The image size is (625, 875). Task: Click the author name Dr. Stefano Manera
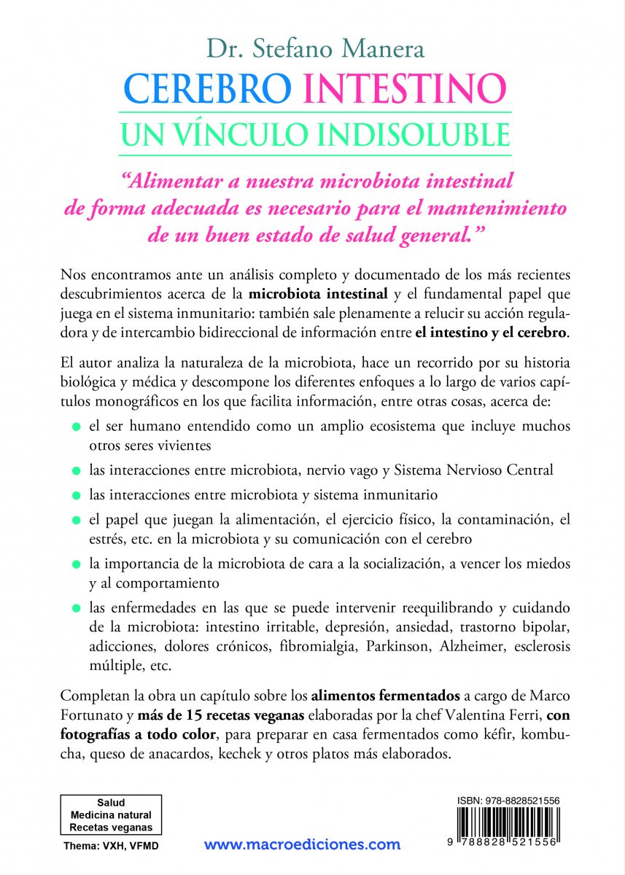click(312, 51)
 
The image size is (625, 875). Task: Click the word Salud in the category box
click(111, 801)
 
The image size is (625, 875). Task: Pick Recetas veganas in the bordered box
click(111, 827)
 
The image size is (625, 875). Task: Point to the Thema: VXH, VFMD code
click(111, 846)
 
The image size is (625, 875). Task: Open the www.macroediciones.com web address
click(302, 845)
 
